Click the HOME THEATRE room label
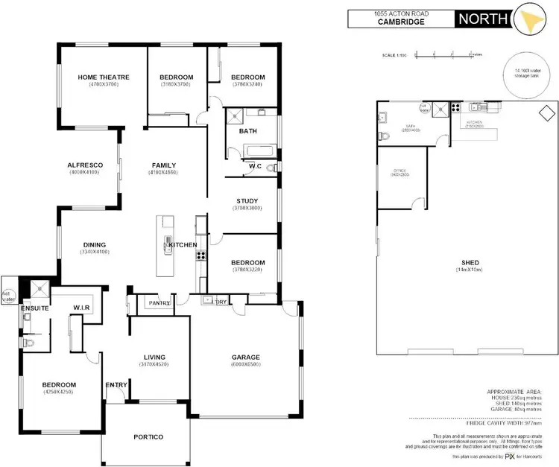[104, 77]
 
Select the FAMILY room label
[164, 165]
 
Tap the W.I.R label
[82, 307]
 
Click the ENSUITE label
[34, 307]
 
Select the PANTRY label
[159, 303]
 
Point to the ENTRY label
[116, 385]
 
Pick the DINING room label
[95, 244]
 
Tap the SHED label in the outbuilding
[470, 261]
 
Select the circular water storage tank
[526, 77]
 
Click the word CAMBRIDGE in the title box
[401, 22]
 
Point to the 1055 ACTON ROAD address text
[401, 13]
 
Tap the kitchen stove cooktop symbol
[200, 255]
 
